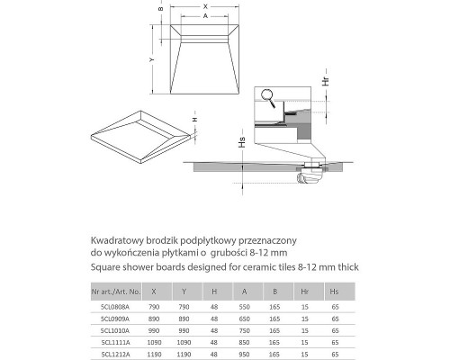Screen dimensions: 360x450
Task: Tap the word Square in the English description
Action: (x=105, y=267)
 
